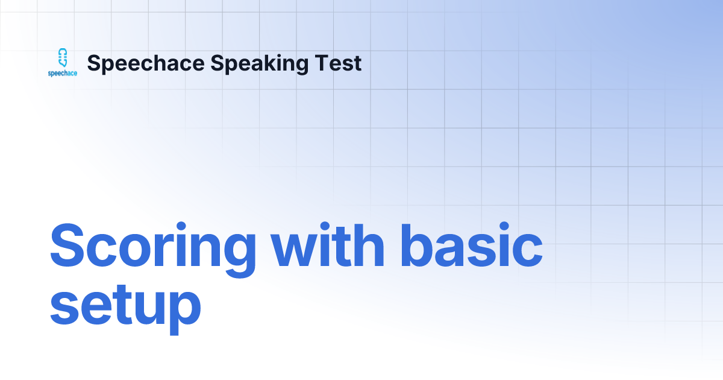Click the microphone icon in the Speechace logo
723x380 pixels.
[x=62, y=58]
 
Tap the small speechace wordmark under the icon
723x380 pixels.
[x=63, y=73]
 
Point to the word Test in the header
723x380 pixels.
[x=342, y=63]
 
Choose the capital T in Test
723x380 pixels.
[x=326, y=63]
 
